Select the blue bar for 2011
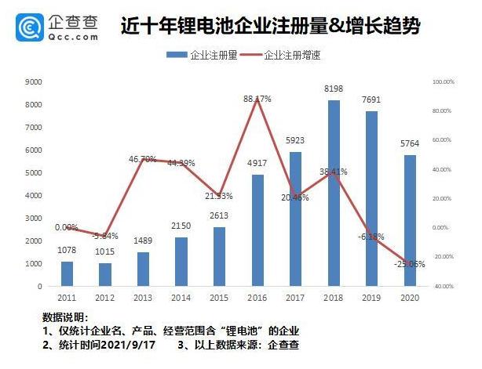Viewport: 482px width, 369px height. pos(67,274)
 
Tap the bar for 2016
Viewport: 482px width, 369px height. pos(257,230)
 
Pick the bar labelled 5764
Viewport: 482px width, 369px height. pos(410,221)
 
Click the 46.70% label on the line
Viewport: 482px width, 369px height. pos(143,159)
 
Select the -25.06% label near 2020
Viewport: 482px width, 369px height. pos(409,264)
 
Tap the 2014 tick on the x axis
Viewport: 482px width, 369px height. pos(181,298)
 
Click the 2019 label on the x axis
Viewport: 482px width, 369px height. pos(371,298)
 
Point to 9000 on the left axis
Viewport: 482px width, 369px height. pos(34,81)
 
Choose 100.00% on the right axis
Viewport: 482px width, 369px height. pos(444,81)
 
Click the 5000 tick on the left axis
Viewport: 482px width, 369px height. pos(34,172)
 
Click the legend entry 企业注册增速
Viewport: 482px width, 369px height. pos(287,56)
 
